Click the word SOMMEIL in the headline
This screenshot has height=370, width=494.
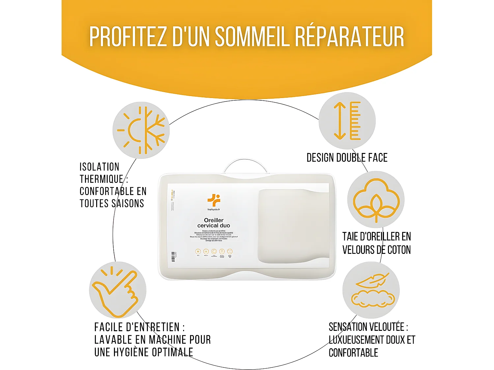[252, 37]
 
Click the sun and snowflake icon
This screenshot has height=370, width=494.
[141, 130]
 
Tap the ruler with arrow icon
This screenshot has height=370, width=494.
[347, 121]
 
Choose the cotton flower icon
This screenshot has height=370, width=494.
[376, 200]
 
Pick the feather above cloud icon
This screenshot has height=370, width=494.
[371, 290]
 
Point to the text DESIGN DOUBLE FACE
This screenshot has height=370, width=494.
[347, 158]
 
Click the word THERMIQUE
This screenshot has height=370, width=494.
[101, 179]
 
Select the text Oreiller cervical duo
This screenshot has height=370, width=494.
[214, 223]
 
